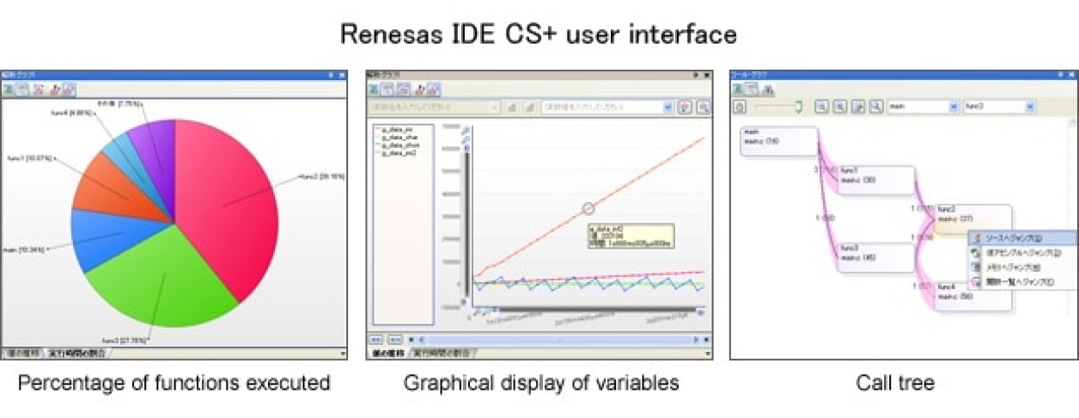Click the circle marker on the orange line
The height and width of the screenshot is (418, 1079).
(588, 208)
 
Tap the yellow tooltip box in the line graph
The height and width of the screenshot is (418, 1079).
(631, 237)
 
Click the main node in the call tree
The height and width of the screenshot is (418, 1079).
(778, 140)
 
